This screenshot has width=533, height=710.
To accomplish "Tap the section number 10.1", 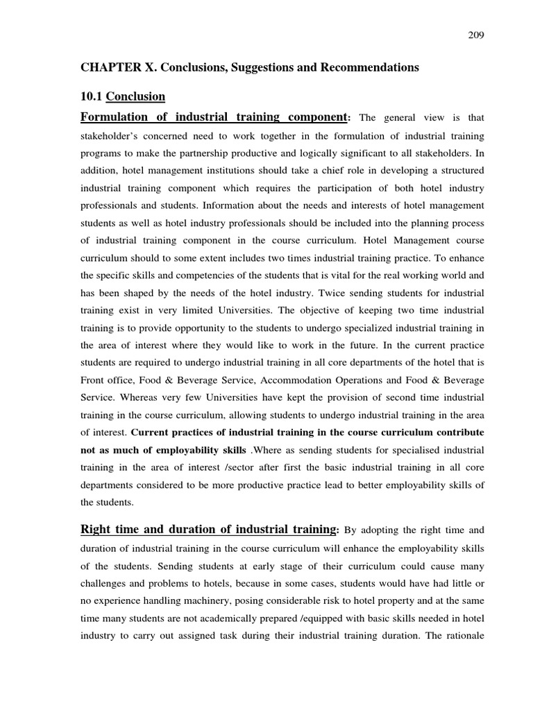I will tap(92, 96).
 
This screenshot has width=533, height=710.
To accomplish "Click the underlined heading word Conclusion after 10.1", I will tap(135, 96).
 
